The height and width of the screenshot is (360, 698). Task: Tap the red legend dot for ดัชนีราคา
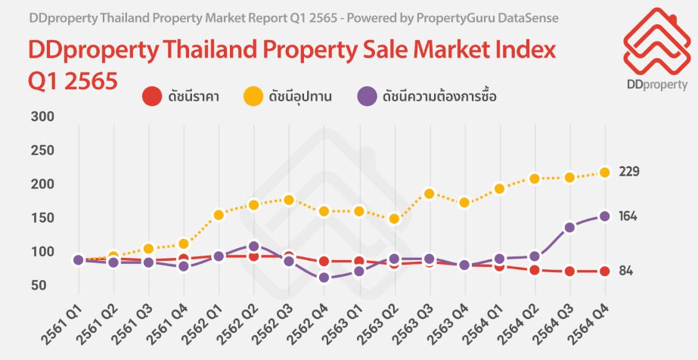[152, 96]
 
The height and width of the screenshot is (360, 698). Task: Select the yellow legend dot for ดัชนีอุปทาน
[252, 96]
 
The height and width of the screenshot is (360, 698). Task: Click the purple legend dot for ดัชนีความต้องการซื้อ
[368, 96]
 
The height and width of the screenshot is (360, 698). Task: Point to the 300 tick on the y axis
[39, 116]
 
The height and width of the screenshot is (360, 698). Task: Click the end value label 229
[629, 172]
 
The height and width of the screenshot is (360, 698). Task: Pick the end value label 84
[625, 272]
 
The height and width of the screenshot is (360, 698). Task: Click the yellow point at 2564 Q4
[605, 172]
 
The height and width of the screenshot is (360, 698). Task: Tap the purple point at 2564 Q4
[605, 216]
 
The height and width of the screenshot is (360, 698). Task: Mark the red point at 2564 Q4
[605, 272]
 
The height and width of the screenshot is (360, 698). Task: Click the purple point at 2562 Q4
[324, 278]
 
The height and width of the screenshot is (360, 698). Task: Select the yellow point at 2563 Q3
[429, 194]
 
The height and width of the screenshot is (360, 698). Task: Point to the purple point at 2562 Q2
[254, 246]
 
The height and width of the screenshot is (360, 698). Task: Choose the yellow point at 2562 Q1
[219, 215]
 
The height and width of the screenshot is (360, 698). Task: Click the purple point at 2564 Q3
[569, 227]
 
